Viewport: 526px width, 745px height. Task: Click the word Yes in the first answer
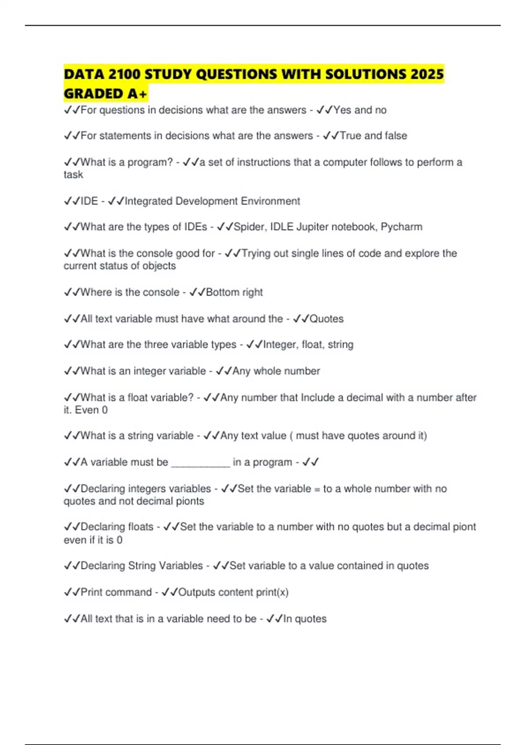[342, 110]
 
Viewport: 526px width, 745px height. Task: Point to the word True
[351, 136]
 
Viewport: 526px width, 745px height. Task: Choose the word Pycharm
[402, 227]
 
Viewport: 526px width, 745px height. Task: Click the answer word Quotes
[327, 319]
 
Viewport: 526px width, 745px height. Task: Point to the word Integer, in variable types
[281, 345]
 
